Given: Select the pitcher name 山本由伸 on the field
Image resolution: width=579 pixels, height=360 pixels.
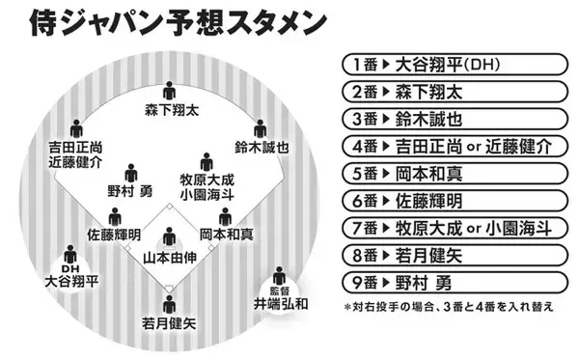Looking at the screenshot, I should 170,258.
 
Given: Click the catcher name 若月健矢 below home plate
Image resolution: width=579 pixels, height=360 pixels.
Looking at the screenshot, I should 170,324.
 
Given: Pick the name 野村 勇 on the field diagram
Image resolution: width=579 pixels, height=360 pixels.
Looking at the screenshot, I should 131,192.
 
